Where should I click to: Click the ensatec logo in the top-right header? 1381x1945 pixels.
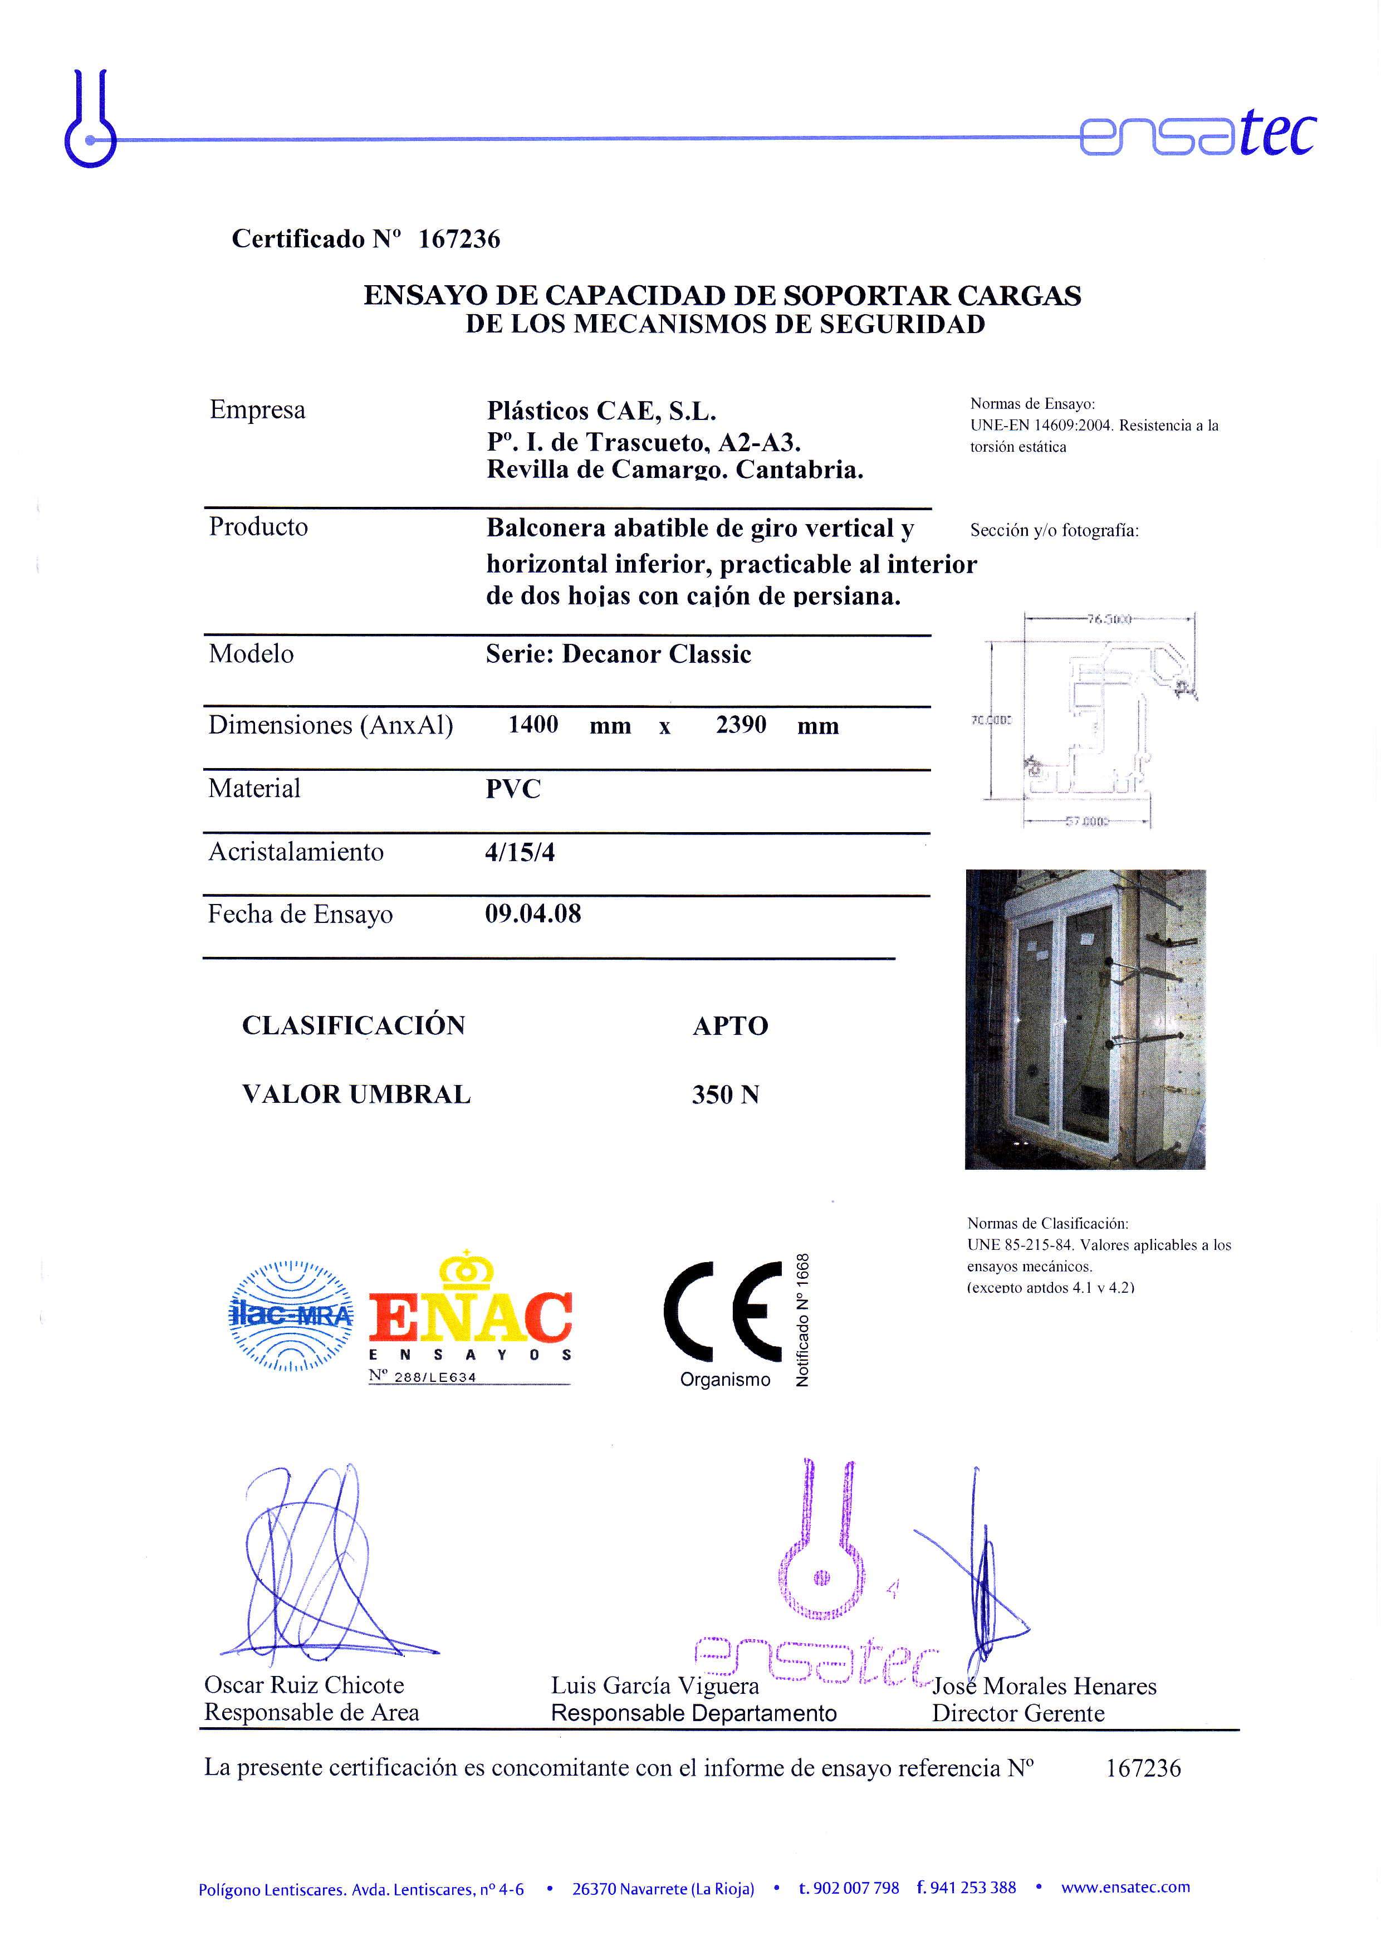[1197, 134]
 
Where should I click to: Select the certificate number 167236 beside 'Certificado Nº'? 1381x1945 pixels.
[459, 239]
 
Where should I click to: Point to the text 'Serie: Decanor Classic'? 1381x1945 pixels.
[618, 654]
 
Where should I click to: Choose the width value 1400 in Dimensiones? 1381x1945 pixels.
[533, 725]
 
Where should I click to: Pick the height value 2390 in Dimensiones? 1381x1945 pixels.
[741, 725]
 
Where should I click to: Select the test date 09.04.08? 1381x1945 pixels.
[533, 914]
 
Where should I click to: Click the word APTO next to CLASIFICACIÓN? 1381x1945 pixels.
[731, 1025]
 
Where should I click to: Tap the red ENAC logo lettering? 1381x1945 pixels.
[470, 1317]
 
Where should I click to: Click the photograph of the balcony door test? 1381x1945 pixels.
[1085, 1019]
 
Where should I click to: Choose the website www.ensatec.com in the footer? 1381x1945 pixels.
[1125, 1887]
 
